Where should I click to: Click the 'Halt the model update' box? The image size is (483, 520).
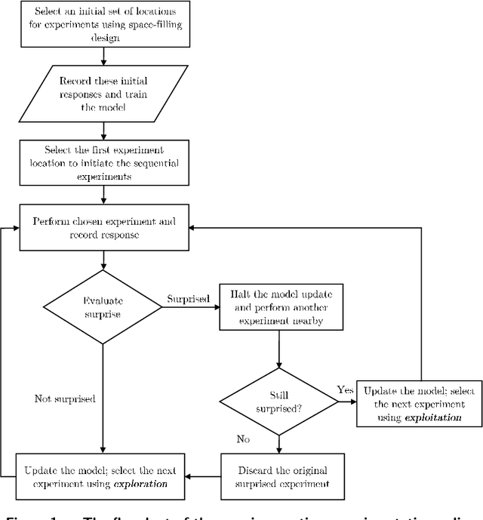(280, 306)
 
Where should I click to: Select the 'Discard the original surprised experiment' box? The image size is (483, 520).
(280, 471)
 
